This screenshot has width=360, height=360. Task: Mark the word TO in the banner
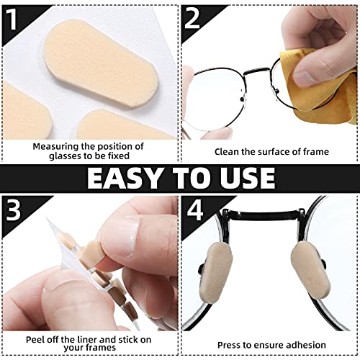184,178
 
